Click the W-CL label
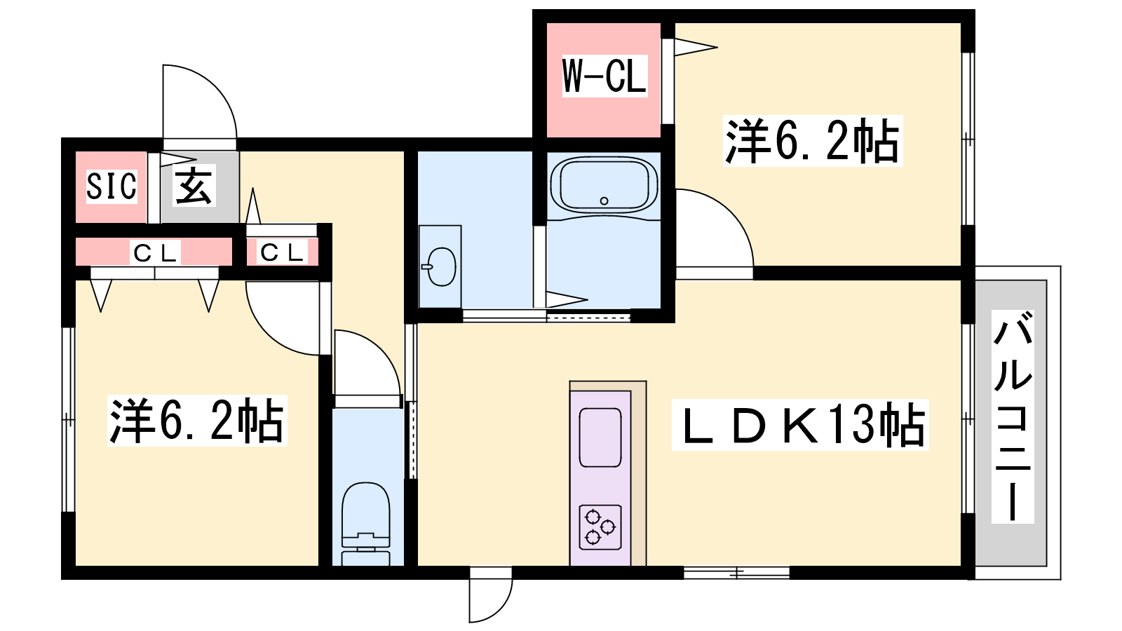(604, 76)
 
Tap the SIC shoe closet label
(111, 186)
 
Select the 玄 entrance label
(194, 185)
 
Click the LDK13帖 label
(800, 425)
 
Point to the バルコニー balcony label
(1013, 416)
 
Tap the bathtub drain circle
(604, 201)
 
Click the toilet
(365, 524)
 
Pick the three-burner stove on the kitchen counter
(600, 527)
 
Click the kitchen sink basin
(600, 437)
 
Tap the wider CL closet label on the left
(154, 253)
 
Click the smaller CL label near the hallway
(282, 252)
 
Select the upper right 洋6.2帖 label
(813, 141)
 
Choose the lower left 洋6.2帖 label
(197, 421)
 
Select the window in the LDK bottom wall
(736, 572)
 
